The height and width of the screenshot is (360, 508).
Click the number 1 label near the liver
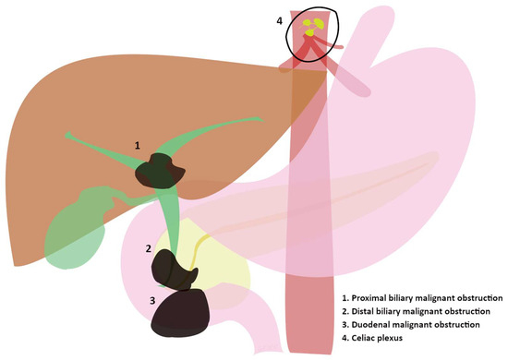point(138,146)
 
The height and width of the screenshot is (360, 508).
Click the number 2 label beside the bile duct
point(148,247)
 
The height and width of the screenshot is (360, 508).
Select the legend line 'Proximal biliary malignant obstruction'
point(420,299)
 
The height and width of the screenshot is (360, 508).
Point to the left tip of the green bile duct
point(67,137)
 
